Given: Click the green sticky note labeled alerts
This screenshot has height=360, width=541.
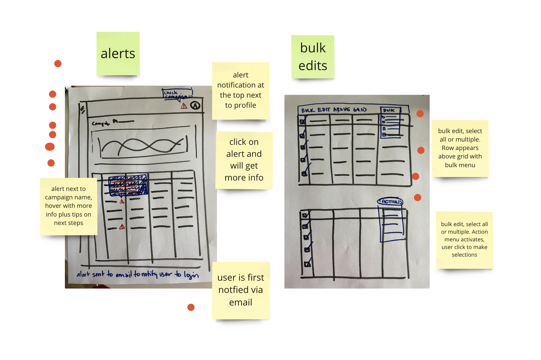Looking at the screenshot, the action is [118, 53].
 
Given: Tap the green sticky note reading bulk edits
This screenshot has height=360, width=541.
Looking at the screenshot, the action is [313, 57].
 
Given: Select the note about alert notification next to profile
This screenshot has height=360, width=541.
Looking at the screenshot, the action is [241, 90].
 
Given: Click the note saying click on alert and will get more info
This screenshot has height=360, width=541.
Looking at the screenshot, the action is [244, 160].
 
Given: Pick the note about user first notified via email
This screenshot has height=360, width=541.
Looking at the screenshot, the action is [241, 290].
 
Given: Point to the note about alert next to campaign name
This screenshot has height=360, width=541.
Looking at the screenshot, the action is [68, 206].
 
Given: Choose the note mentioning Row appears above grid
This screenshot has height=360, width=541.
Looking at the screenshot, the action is [460, 148].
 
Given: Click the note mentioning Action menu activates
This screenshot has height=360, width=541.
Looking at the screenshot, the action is [464, 239].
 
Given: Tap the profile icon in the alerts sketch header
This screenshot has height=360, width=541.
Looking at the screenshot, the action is [195, 105].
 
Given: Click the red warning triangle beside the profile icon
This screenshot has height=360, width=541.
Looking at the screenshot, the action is [184, 106].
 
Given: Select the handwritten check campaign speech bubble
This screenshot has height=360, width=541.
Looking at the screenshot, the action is [177, 94].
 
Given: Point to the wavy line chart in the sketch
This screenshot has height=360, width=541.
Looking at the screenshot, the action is [142, 146].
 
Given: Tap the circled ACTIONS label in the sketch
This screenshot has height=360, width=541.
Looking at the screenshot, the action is [390, 202].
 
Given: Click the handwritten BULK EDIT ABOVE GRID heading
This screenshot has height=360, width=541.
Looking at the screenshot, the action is [334, 110].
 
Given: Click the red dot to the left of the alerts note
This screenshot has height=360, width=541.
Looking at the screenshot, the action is [58, 64].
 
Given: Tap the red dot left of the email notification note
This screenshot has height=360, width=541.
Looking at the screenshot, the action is [191, 307].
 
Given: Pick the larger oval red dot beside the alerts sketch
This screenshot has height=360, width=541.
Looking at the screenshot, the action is [50, 147].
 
